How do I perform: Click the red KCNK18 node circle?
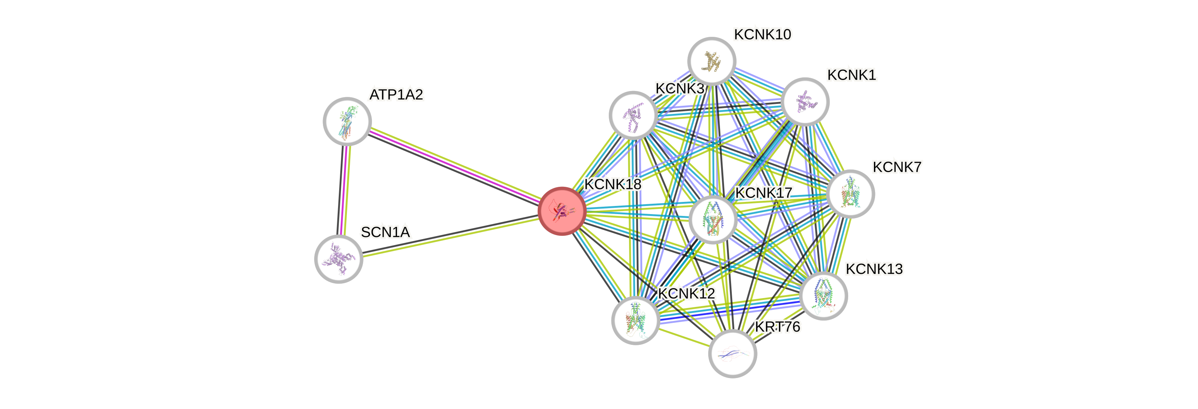[562, 211]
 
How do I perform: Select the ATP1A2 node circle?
[347, 121]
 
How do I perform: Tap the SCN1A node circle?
[338, 259]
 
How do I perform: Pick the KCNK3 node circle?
[633, 115]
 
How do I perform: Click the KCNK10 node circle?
[712, 61]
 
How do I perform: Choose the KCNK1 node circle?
[805, 101]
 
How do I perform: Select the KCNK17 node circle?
[713, 220]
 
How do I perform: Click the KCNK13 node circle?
[823, 296]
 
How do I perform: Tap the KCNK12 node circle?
[635, 320]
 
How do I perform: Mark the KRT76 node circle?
[732, 354]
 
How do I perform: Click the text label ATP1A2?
[396, 95]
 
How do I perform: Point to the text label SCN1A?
[386, 232]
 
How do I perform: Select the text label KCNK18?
[613, 184]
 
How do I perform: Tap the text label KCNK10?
[763, 34]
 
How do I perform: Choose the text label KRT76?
[777, 327]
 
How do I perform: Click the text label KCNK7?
[897, 167]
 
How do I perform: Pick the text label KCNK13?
[874, 269]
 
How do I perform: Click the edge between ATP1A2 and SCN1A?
[344, 190]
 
